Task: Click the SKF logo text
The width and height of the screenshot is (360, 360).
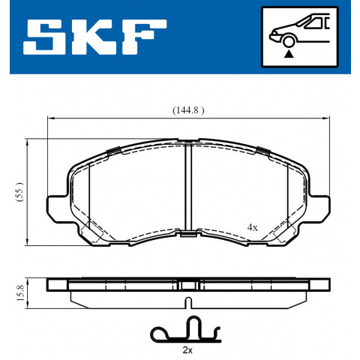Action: click(94, 37)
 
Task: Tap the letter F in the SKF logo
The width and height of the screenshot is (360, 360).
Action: click(145, 37)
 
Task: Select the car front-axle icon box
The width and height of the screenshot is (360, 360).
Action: click(299, 37)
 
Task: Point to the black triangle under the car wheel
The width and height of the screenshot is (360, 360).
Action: click(289, 54)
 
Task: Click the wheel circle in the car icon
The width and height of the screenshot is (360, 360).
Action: click(289, 41)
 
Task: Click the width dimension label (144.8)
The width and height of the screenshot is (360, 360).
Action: click(188, 110)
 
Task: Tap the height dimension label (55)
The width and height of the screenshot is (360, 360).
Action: click(19, 192)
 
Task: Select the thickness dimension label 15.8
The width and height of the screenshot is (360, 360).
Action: click(20, 293)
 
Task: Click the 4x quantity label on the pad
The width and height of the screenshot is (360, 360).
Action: click(252, 227)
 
